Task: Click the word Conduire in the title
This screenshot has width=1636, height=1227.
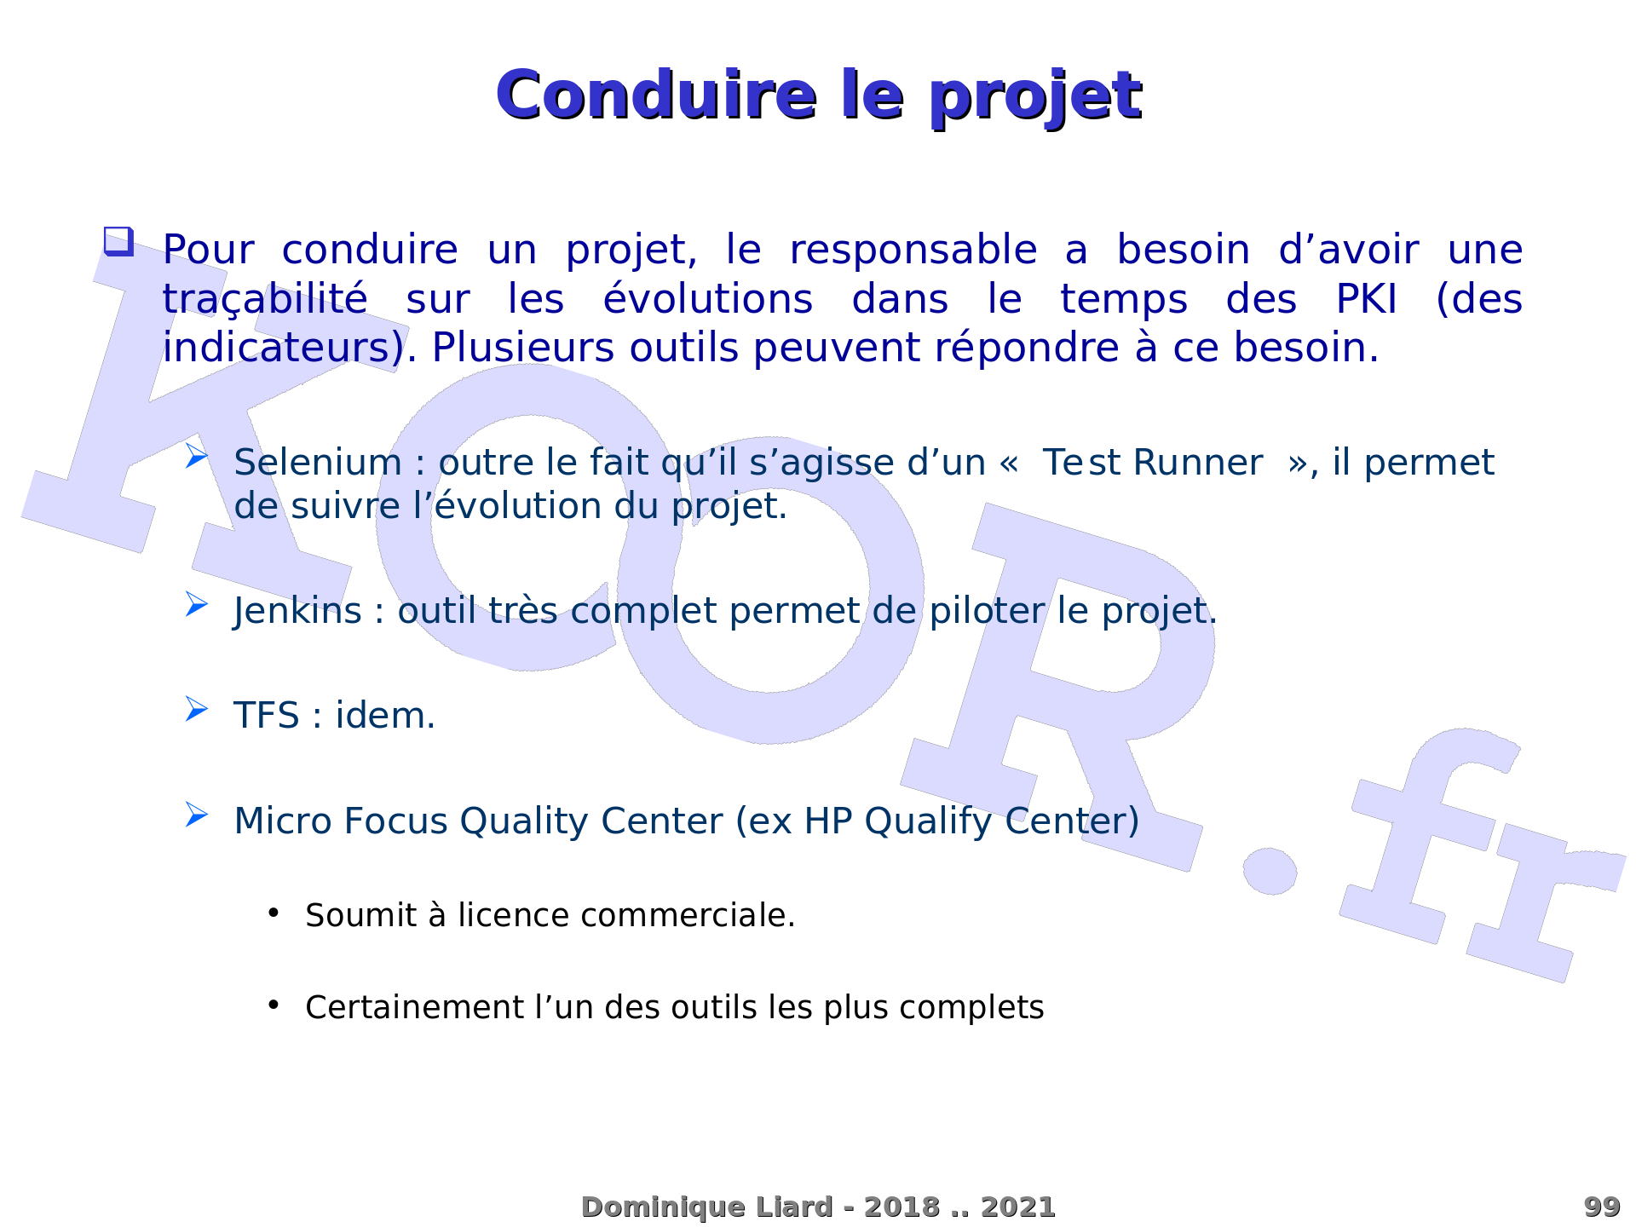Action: [x=656, y=95]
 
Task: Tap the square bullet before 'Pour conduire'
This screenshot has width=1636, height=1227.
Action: [x=119, y=241]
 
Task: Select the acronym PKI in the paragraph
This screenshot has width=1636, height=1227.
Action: [x=1366, y=299]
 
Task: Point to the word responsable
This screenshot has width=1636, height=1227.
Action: [x=913, y=251]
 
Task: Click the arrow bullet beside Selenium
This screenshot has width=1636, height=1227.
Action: [x=197, y=456]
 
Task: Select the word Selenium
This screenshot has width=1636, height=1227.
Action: [x=318, y=463]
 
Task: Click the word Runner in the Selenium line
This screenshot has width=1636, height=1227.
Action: [x=1198, y=463]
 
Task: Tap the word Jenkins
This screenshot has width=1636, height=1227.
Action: [x=297, y=612]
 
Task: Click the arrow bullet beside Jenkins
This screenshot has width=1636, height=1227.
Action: [x=197, y=604]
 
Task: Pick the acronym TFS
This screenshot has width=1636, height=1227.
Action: [x=267, y=716]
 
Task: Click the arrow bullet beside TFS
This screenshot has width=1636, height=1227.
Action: [x=197, y=709]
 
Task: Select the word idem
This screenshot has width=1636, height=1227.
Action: [x=385, y=716]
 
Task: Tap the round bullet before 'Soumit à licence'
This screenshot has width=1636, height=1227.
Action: [x=274, y=913]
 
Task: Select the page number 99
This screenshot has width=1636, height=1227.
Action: [x=1602, y=1207]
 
